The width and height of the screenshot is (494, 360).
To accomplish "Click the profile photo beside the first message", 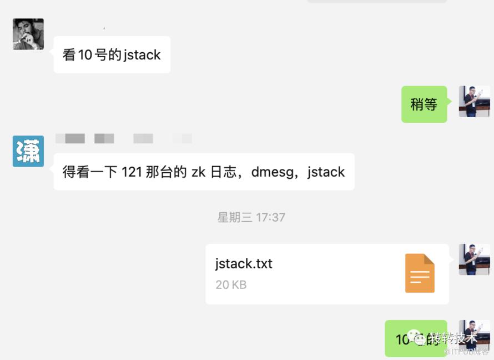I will tap(28, 34).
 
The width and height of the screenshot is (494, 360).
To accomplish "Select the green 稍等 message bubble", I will tap(424, 104).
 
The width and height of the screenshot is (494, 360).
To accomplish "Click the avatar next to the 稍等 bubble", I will tap(474, 101).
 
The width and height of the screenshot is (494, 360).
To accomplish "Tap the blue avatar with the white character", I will tap(28, 151).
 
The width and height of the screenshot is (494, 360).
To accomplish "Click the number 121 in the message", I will tap(132, 172).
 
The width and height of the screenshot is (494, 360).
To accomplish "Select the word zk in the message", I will tap(198, 172).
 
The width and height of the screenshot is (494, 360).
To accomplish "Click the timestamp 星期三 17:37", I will tap(251, 217).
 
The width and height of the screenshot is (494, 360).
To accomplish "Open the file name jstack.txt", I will tap(244, 263).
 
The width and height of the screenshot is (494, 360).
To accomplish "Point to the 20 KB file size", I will tap(231, 284).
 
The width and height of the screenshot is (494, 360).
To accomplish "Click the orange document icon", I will tap(420, 273).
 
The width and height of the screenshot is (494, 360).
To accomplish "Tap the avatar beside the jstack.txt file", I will tap(474, 259).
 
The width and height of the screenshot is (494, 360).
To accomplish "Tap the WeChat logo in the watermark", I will tap(416, 337).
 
